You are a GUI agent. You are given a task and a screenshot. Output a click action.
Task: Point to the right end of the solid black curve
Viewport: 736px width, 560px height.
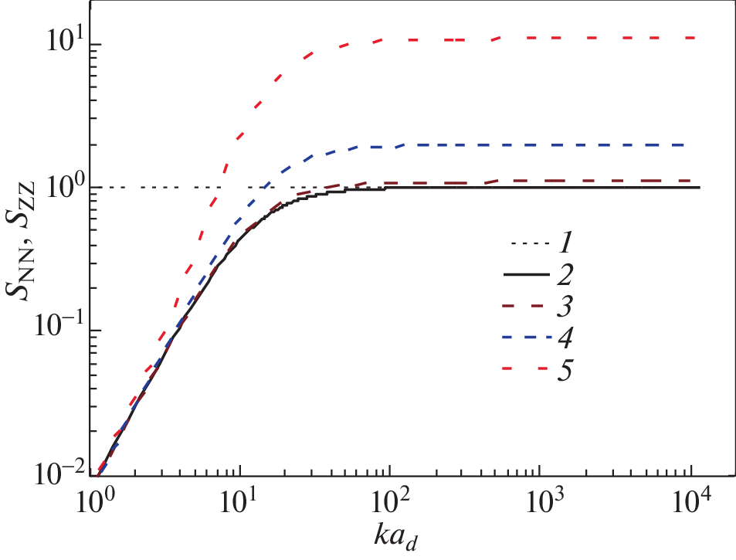point(699,188)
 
